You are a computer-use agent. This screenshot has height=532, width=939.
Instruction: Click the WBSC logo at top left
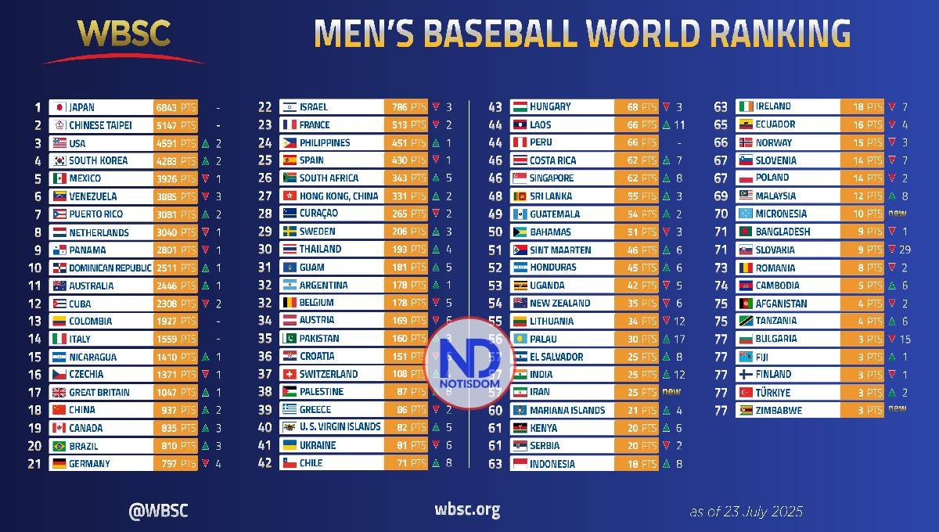click(x=124, y=39)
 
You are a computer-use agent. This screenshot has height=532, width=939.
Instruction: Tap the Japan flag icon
click(x=59, y=107)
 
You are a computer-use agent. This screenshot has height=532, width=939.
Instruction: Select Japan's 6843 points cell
click(x=175, y=107)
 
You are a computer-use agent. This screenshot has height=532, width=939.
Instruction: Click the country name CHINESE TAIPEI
click(x=100, y=125)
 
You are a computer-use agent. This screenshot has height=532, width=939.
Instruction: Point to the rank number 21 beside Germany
click(x=34, y=463)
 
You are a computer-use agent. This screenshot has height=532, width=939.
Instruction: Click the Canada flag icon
click(x=59, y=428)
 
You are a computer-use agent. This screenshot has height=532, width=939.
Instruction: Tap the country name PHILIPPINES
click(x=325, y=142)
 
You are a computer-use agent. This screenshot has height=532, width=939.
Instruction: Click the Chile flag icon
click(x=289, y=462)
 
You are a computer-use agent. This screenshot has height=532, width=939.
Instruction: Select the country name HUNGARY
click(x=550, y=106)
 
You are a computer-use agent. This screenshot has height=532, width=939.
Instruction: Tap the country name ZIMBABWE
click(x=779, y=410)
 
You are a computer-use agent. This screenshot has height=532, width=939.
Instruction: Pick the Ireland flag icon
click(x=744, y=106)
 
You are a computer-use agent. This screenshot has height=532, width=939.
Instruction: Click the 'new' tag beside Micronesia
click(x=897, y=213)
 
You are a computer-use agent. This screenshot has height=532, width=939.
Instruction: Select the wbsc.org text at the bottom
click(x=467, y=511)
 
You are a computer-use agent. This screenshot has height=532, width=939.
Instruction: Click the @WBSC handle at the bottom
click(x=158, y=511)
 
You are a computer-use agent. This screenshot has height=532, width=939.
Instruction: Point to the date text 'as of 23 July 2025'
click(x=746, y=512)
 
